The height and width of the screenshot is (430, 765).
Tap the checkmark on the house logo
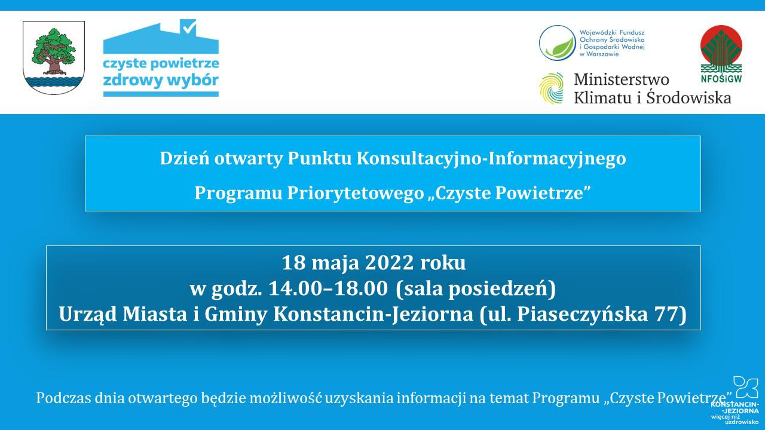click(x=189, y=27)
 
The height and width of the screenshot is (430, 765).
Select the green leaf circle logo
click(x=558, y=43)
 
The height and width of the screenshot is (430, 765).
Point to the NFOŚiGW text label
click(x=721, y=79)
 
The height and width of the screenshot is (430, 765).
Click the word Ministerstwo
click(x=621, y=79)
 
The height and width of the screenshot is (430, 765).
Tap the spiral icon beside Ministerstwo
click(x=551, y=88)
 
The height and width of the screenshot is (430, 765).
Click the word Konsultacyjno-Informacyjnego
click(x=491, y=159)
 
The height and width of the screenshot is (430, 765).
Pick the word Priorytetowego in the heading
click(x=356, y=193)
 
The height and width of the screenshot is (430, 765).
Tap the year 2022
click(x=389, y=263)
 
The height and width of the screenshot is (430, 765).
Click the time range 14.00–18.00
click(x=328, y=288)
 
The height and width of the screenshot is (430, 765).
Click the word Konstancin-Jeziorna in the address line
click(x=374, y=314)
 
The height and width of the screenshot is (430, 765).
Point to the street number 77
click(x=666, y=314)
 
